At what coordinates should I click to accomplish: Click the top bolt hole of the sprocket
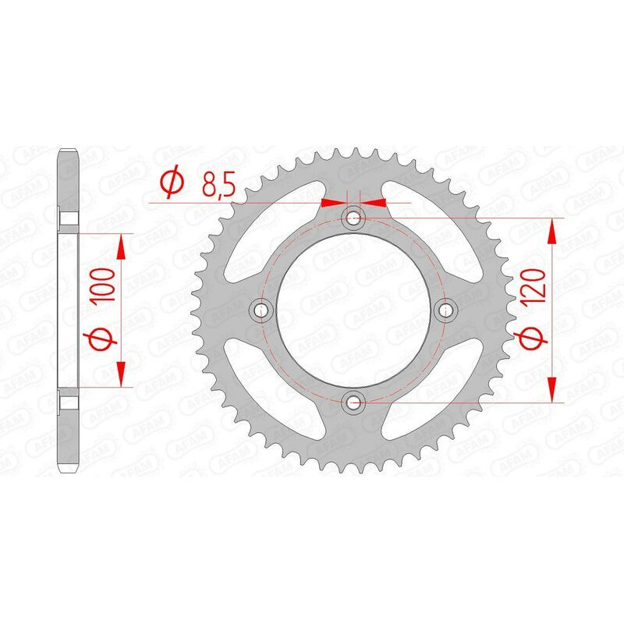point(355,217)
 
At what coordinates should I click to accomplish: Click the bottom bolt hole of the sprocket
point(355,402)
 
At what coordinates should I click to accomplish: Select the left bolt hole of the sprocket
point(261,310)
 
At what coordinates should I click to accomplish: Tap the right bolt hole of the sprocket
point(447,310)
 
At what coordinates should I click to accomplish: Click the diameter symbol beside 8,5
point(172,184)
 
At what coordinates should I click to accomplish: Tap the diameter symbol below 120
point(533,340)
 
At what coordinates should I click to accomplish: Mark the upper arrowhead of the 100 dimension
point(121,248)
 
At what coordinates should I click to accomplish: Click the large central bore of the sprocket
point(355,310)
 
